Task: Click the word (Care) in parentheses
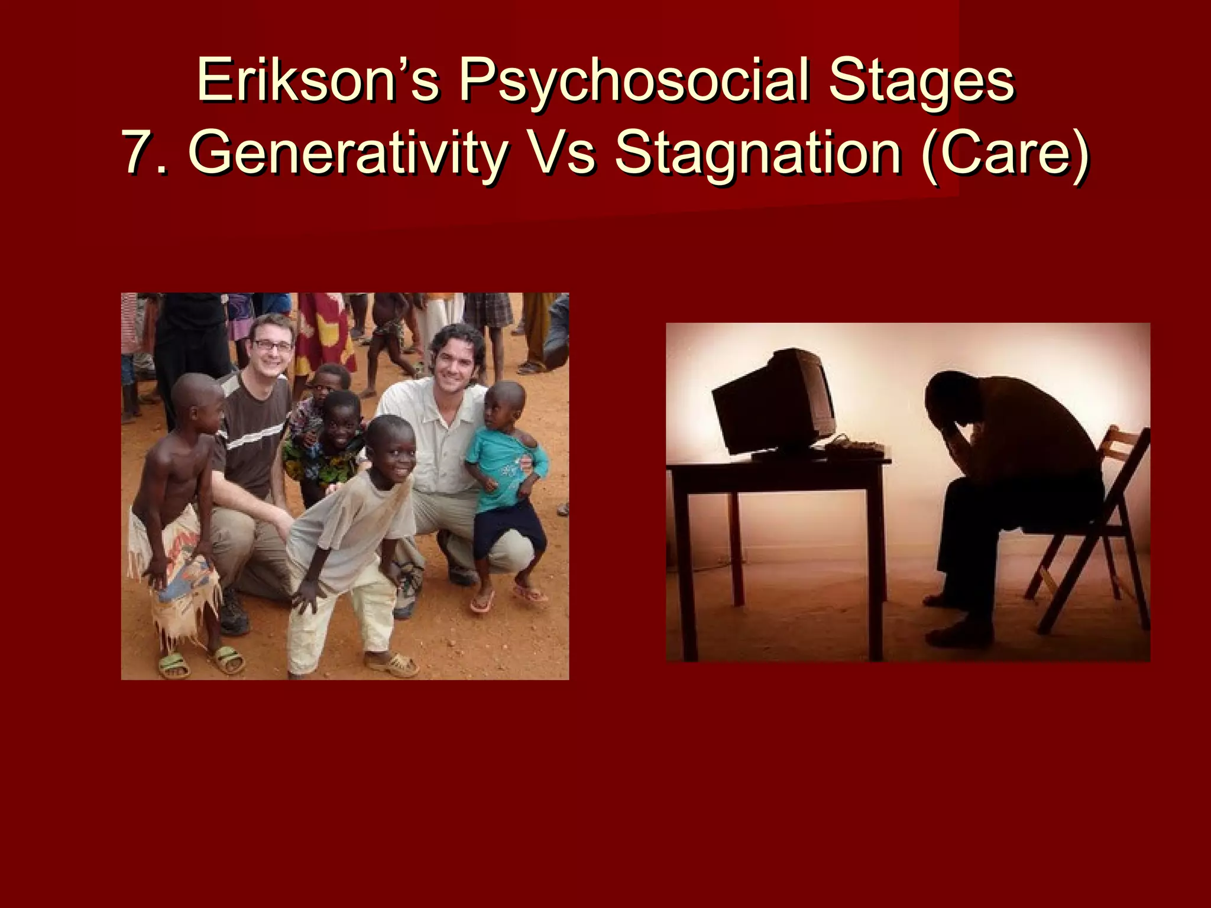(x=1005, y=153)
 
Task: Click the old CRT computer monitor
(x=775, y=402)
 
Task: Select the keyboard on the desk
(x=857, y=448)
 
